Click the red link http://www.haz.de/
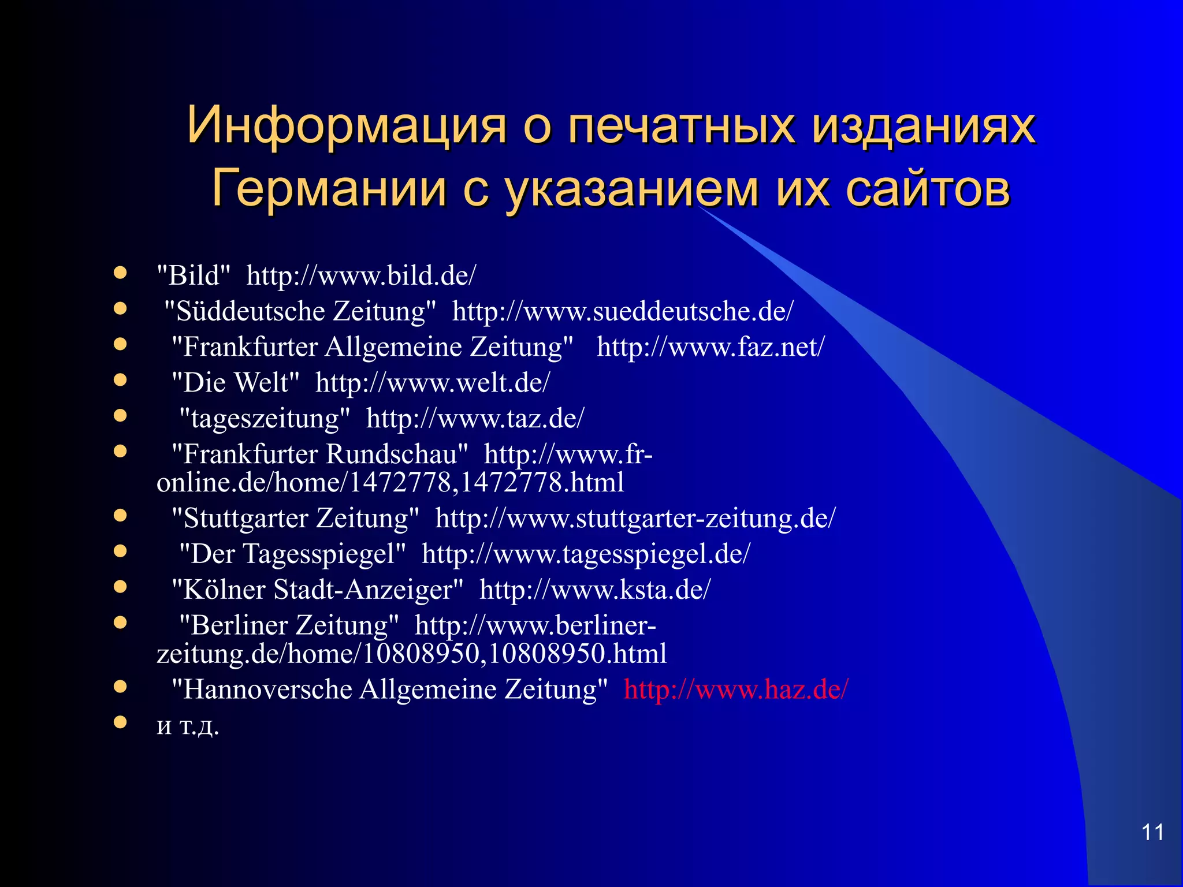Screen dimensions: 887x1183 tap(736, 690)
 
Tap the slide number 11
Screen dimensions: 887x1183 tap(1152, 832)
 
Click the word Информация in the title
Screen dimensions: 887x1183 tap(346, 125)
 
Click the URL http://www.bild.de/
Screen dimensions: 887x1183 tap(361, 275)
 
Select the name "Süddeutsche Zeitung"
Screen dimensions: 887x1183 tap(300, 311)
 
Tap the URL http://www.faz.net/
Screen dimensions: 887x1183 tap(710, 347)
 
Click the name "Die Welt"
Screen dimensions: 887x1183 tap(236, 383)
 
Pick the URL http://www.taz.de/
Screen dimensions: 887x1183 tap(475, 419)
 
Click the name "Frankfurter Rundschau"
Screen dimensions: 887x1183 tap(320, 454)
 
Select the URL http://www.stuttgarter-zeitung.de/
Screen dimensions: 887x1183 tap(635, 519)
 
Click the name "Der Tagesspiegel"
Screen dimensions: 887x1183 tap(292, 554)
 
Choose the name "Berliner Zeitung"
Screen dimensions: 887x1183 tap(289, 625)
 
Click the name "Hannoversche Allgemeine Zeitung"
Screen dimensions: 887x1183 tap(390, 690)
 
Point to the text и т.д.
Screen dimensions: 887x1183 tap(188, 725)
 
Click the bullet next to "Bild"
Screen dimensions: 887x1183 tap(120, 273)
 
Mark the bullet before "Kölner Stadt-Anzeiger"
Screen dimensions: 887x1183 tap(120, 587)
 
